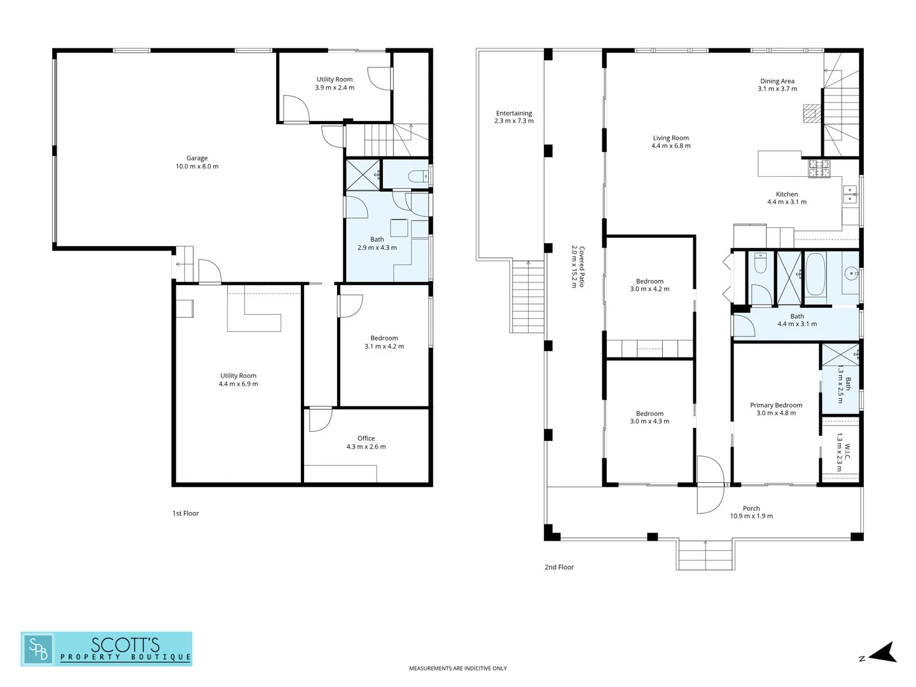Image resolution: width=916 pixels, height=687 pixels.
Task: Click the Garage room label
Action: [x=197, y=158]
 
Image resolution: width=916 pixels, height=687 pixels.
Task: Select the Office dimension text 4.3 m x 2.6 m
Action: [x=366, y=447]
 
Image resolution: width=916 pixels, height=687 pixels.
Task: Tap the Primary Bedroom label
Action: [x=775, y=405]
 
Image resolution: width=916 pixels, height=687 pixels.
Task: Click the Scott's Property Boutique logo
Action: [x=106, y=649]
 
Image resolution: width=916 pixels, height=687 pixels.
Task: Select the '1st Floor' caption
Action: [x=186, y=513]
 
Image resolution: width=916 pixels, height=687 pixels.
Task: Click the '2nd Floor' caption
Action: [x=559, y=567]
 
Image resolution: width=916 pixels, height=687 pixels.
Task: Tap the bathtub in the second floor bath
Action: [x=815, y=275]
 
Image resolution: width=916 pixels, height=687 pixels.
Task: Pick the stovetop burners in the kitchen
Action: [x=819, y=168]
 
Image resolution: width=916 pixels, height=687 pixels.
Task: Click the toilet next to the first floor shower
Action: [x=419, y=176]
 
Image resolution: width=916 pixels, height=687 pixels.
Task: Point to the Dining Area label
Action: [x=777, y=81]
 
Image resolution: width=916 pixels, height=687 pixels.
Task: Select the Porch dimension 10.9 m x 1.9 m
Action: [x=751, y=516]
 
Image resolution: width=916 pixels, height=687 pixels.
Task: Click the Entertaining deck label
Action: [x=514, y=113]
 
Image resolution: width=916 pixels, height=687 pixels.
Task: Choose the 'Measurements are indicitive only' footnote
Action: [x=457, y=668]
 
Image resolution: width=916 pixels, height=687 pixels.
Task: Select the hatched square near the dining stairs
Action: [x=810, y=114]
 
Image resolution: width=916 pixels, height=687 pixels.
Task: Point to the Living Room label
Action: [x=670, y=138]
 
